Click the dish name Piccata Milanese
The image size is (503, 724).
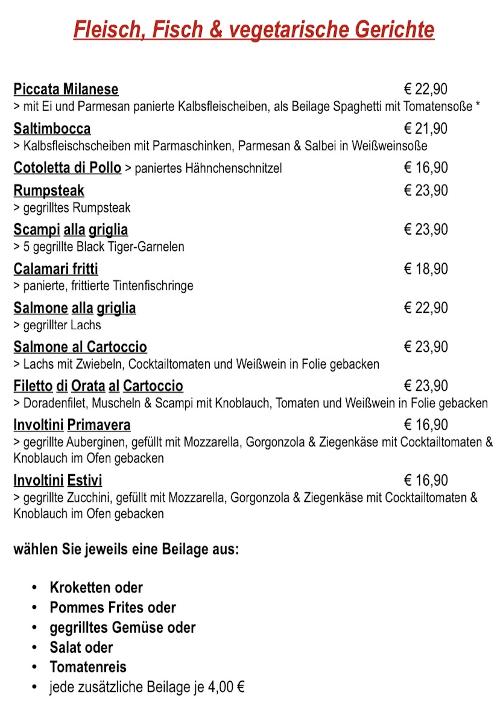66,89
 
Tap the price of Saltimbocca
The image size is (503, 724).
426,129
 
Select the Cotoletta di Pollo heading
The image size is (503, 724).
67,167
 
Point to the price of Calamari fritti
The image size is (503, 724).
426,269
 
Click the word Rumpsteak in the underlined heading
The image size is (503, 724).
49,191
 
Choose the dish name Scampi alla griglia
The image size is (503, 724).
71,230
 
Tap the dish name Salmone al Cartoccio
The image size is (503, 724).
80,347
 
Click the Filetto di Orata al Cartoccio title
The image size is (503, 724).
98,386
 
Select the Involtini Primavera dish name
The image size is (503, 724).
72,425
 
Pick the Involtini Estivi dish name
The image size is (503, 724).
58,480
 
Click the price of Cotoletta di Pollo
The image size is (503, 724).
426,168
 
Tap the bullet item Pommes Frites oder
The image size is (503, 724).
113,607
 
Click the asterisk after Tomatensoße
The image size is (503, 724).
478,107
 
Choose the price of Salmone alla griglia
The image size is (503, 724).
426,308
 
